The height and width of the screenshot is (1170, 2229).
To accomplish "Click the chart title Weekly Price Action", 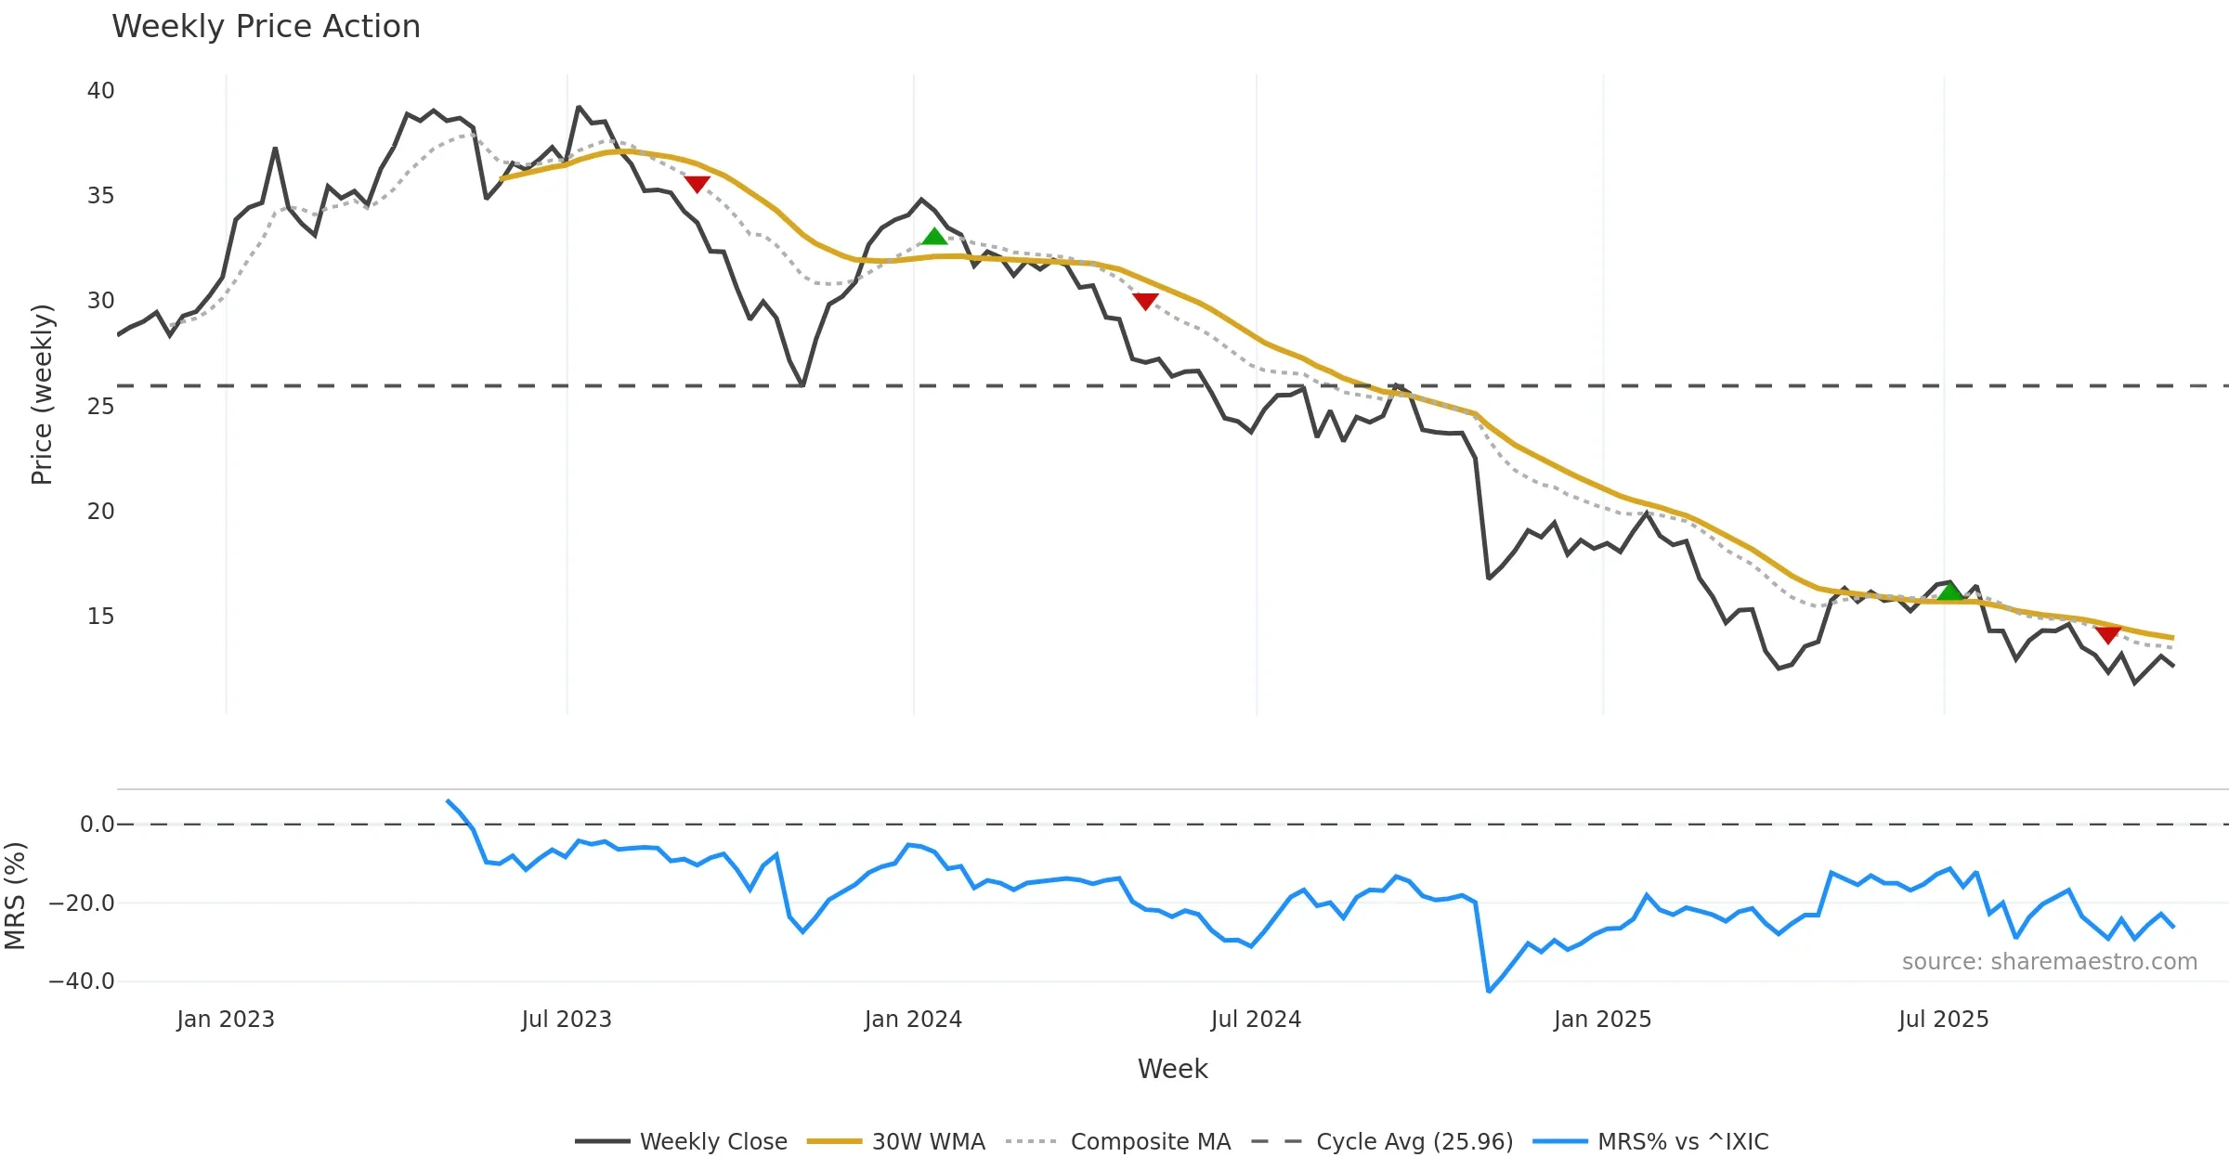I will [x=266, y=27].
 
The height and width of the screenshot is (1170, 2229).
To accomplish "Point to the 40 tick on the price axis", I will [x=100, y=91].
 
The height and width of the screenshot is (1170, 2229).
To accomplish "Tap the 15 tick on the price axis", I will [x=100, y=617].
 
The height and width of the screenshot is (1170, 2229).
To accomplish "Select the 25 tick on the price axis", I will [x=100, y=407].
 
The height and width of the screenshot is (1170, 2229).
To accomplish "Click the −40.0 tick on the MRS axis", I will [x=82, y=981].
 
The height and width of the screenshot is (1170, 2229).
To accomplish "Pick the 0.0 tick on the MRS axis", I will [x=97, y=825].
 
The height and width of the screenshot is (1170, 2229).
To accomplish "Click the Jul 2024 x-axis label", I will [x=1256, y=1020].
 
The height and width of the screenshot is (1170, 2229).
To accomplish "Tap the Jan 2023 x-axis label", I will [x=226, y=1020].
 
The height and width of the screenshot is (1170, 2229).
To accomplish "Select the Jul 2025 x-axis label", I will [x=1943, y=1020].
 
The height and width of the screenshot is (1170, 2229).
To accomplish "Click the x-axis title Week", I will [x=1172, y=1070].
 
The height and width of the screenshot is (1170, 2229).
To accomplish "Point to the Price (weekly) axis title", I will [x=42, y=395].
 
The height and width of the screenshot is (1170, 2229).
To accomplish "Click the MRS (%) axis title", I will [x=15, y=895].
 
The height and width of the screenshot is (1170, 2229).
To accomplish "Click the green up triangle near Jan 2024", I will [x=934, y=237].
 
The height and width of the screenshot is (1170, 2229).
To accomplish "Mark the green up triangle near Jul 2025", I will [x=1950, y=591].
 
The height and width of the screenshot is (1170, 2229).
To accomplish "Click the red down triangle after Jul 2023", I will [x=697, y=184].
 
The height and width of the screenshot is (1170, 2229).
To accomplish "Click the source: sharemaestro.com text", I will [x=2049, y=962].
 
